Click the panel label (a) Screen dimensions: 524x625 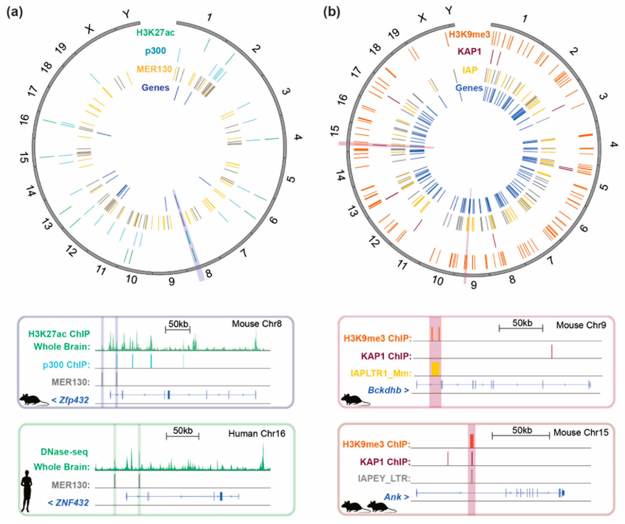point(14,13)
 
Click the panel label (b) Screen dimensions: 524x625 point(332,13)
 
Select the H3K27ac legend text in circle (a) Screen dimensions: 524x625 point(155,33)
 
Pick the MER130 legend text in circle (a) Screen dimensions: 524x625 point(154,69)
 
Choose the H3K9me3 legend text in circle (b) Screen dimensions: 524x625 point(469,35)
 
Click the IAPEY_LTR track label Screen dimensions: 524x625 point(384,478)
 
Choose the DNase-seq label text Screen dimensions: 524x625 point(64,452)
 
